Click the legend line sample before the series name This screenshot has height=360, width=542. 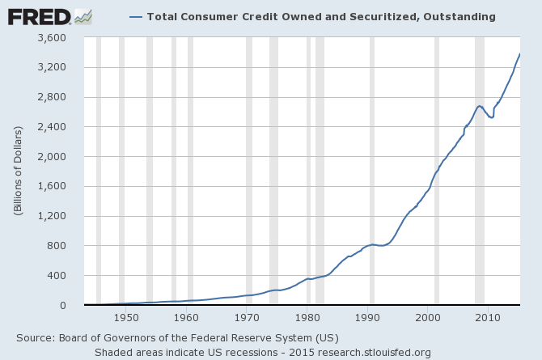click(135, 16)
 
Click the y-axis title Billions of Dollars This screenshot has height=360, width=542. click(18, 172)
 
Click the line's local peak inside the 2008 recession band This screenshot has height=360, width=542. click(480, 106)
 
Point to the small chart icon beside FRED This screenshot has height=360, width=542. click(83, 15)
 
